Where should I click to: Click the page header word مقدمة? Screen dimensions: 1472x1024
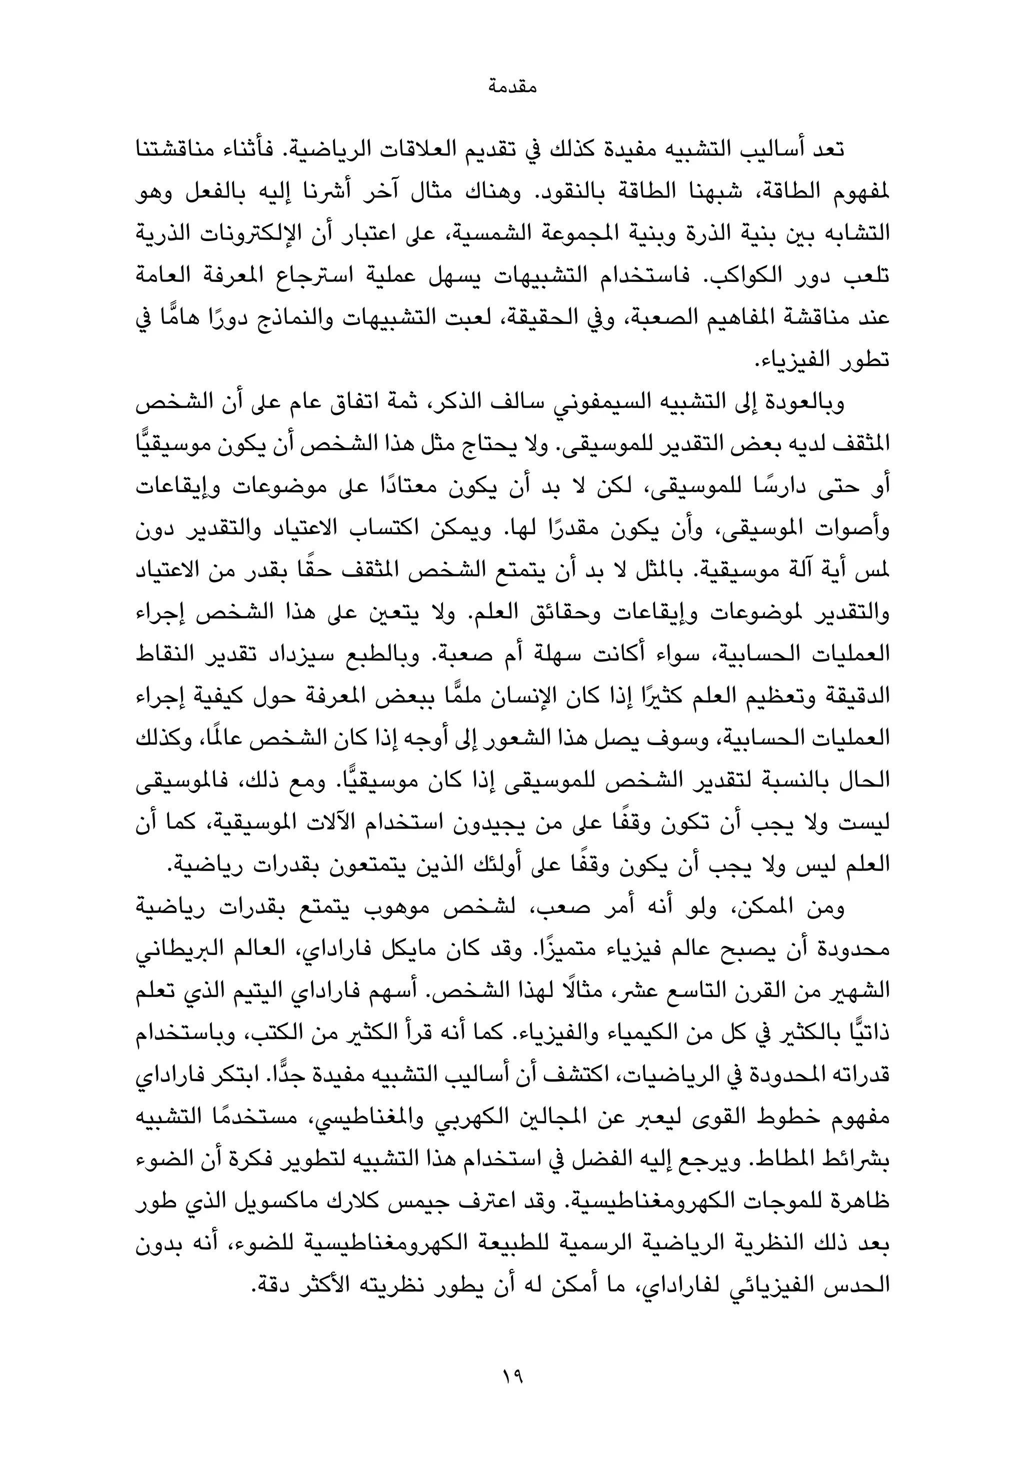pyautogui.click(x=511, y=86)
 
